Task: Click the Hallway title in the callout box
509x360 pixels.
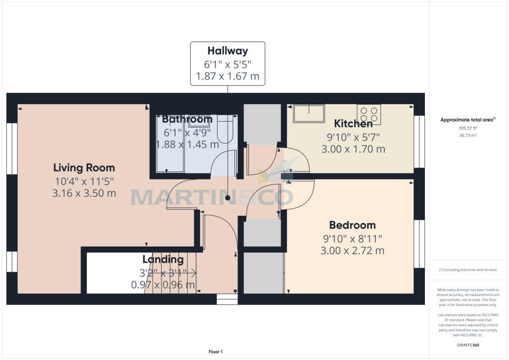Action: tap(228, 50)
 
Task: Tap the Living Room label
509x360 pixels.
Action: tap(84, 168)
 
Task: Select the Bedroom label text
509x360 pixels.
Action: tap(352, 225)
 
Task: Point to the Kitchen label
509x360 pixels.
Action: tap(353, 123)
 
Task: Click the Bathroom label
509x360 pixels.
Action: tap(187, 119)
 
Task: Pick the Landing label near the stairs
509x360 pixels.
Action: tap(163, 259)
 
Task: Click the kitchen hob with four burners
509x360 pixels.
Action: tap(369, 114)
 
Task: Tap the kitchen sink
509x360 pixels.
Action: tap(309, 113)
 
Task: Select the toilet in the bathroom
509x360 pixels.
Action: tap(226, 129)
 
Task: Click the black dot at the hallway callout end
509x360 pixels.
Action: tap(228, 198)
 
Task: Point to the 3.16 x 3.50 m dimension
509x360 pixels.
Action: tap(84, 193)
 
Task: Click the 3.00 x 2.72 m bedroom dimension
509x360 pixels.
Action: tap(352, 250)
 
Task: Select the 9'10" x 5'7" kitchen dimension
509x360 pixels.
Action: tap(353, 136)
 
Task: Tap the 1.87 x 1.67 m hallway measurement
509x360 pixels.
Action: tap(228, 77)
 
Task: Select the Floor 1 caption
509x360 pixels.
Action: tap(216, 352)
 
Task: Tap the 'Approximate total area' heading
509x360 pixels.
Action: tap(468, 120)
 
